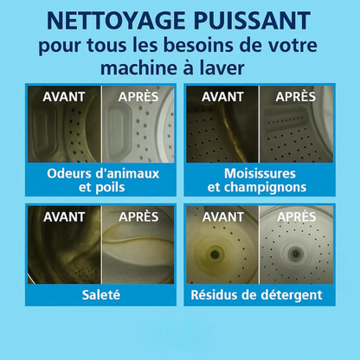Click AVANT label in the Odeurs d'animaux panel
pos(64,97)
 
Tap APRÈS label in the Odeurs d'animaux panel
pos(138,97)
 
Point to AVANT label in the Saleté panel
pos(64,216)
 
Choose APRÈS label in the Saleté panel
pos(138,216)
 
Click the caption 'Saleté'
pos(101,295)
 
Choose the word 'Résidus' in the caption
pos(224,295)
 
